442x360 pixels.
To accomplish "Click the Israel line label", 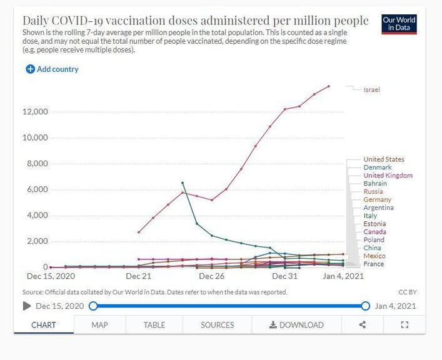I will [x=371, y=90].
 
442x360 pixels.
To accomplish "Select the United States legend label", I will [x=383, y=159].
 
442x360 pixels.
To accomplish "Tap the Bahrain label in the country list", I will [x=375, y=184].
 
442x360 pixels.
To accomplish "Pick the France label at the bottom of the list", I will [x=373, y=264].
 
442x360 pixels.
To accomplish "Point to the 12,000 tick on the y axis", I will [x=36, y=112].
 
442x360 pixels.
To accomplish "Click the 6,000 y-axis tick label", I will [x=38, y=189].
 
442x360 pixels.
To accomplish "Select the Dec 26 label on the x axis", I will [x=212, y=276].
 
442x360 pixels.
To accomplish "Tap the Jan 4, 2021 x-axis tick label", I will [x=344, y=276].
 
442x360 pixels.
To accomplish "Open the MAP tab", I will [x=99, y=325].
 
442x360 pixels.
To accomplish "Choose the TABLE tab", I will [x=154, y=325].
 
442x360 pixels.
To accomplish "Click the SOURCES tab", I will [x=217, y=325].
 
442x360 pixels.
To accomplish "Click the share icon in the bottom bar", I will [x=363, y=325].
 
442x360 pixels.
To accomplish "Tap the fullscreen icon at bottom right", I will [x=404, y=325].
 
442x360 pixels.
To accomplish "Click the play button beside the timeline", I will [x=27, y=306].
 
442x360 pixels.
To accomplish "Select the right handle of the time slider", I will [x=366, y=306].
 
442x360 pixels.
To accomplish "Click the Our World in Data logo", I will [x=399, y=24].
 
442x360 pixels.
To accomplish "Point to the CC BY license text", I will [x=406, y=292].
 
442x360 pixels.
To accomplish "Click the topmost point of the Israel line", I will [x=329, y=86].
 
